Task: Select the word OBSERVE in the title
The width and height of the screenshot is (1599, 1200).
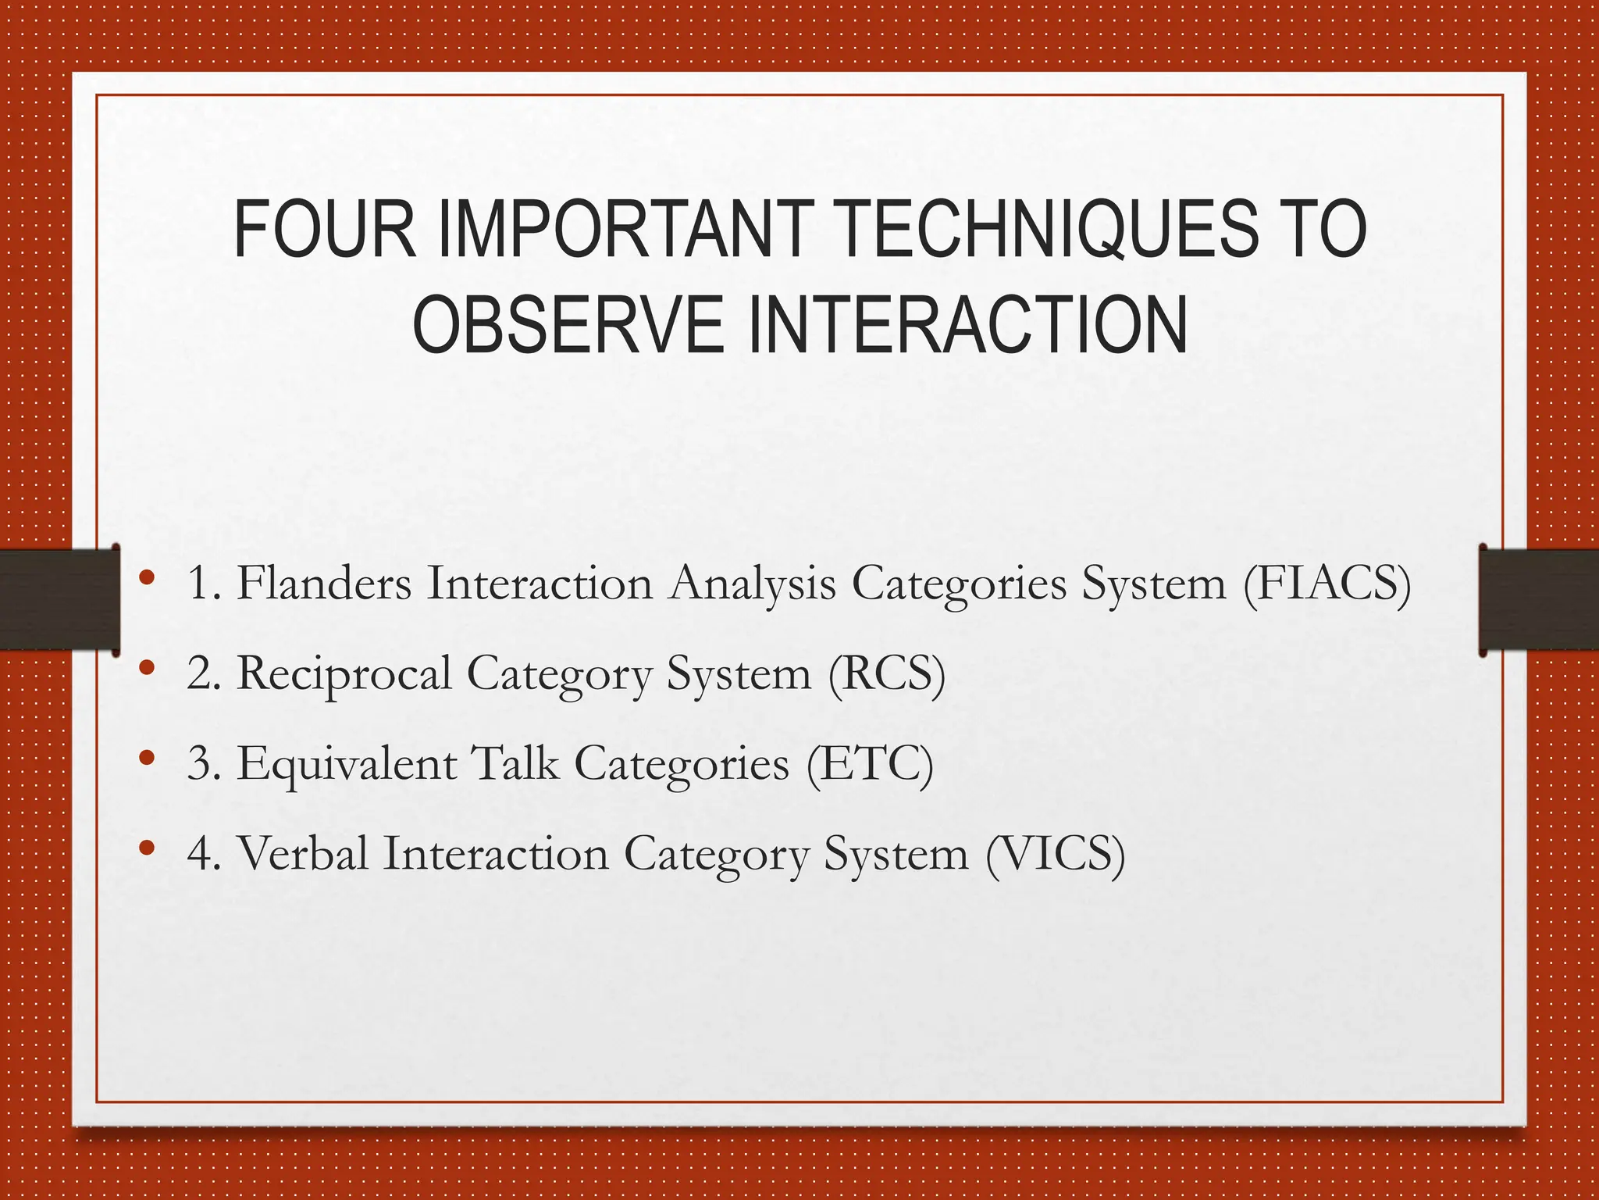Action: click(x=568, y=324)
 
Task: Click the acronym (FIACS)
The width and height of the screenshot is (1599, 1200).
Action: click(x=1327, y=584)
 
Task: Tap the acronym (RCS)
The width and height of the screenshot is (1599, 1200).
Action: click(x=887, y=673)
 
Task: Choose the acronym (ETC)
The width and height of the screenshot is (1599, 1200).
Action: click(x=870, y=763)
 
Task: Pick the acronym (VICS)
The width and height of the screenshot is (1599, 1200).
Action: click(x=1055, y=853)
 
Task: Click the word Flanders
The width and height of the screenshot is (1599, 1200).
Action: click(x=324, y=583)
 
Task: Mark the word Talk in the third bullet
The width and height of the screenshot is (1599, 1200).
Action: click(x=517, y=762)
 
